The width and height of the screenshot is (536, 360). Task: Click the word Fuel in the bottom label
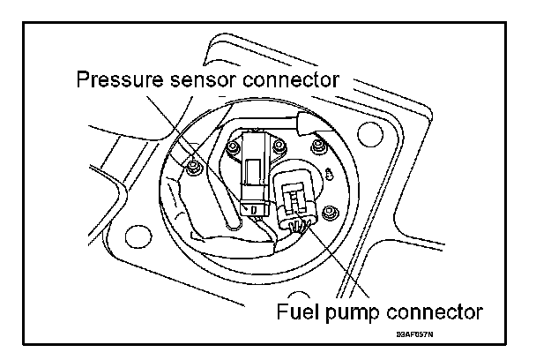click(x=295, y=311)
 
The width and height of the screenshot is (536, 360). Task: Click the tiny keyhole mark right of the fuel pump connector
click(x=327, y=174)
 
